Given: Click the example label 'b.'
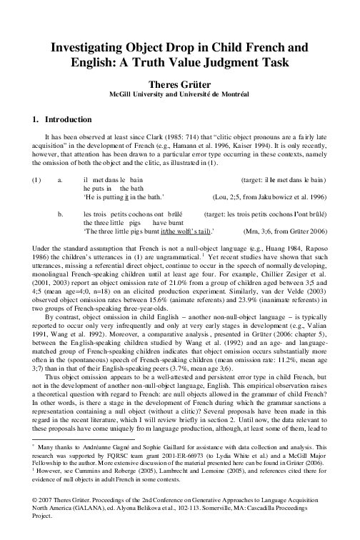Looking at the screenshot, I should coord(60,214).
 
